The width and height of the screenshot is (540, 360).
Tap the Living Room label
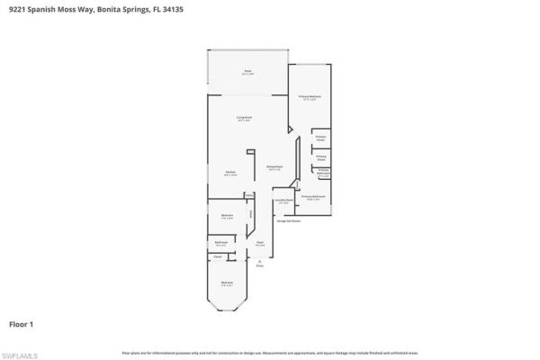click(244, 118)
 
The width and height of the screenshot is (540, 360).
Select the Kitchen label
click(230, 174)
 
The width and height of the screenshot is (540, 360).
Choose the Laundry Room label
click(283, 201)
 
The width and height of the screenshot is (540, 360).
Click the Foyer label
click(259, 243)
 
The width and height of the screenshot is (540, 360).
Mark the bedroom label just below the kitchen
click(227, 215)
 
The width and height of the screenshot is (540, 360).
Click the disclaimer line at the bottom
click(269, 352)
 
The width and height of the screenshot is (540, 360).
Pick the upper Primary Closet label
click(320, 139)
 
